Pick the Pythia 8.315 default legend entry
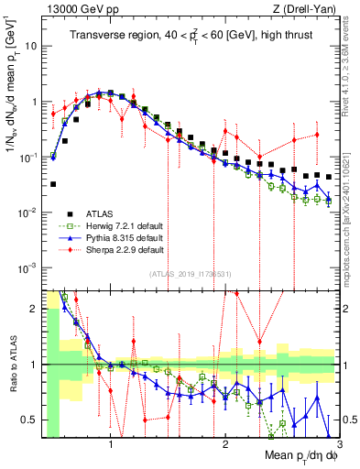coord(119,237)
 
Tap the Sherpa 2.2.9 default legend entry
coord(119,249)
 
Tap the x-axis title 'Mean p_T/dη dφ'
coord(300,455)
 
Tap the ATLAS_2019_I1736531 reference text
coord(189,274)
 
